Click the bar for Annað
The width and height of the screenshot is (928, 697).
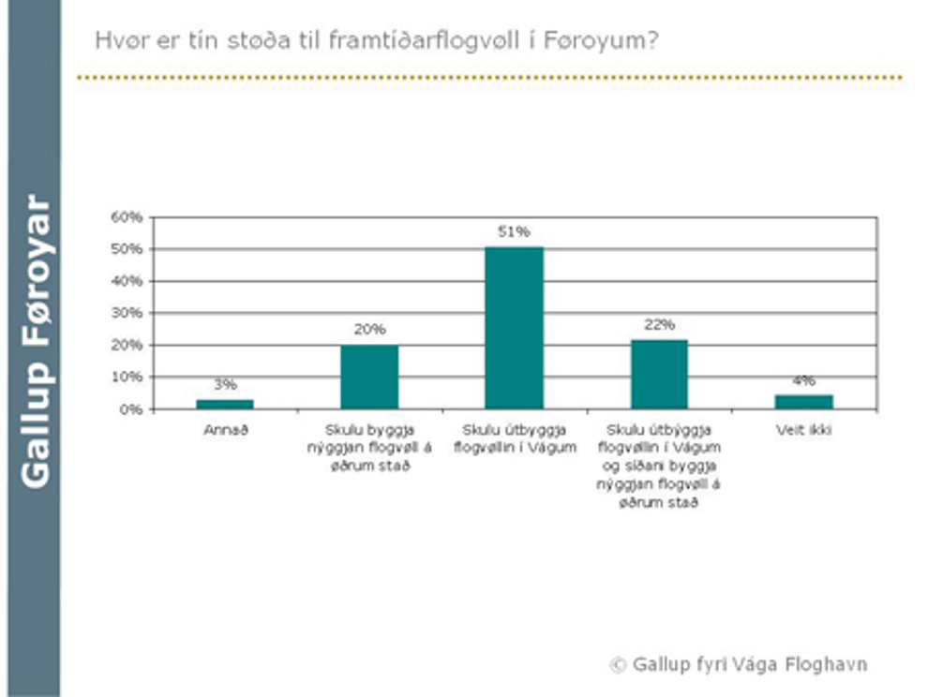225,404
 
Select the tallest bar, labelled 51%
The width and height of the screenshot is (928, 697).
514,327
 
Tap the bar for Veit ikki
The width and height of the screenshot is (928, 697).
803,402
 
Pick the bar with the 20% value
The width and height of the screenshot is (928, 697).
369,377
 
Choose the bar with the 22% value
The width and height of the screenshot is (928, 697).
659,374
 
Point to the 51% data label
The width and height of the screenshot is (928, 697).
514,231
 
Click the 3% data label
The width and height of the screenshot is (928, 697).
225,384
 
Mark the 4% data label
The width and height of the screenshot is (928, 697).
803,380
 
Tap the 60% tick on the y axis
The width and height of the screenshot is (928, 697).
127,217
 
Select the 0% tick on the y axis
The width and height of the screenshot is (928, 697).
131,409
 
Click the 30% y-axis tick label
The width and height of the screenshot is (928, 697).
127,313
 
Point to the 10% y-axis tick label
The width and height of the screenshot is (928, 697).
127,378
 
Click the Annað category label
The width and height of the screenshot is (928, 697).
225,431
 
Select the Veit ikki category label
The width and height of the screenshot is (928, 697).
803,431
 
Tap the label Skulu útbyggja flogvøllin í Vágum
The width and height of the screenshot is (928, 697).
514,438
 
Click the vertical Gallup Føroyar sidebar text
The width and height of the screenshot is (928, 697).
35,342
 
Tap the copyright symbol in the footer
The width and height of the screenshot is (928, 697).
618,665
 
